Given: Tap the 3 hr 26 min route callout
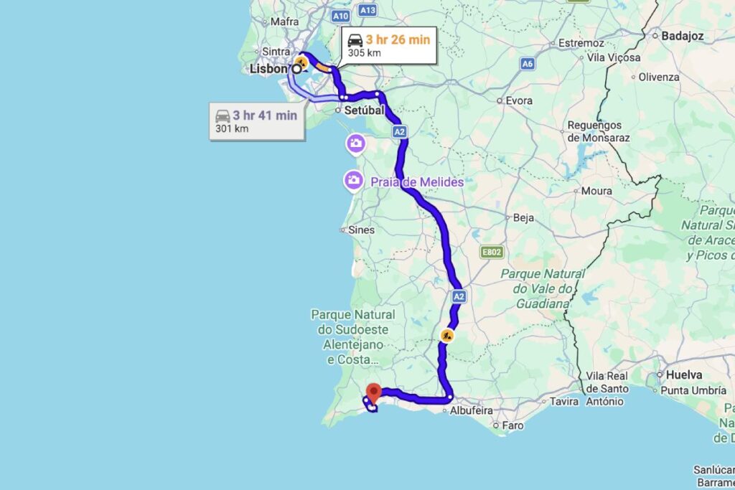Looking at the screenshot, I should click(388, 45).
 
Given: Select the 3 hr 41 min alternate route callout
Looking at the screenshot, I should click(256, 121).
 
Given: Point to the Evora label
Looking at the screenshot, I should click(519, 100).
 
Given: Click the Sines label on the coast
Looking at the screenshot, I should click(360, 230).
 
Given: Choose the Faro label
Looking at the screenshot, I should click(512, 425).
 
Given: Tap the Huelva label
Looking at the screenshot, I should click(683, 374).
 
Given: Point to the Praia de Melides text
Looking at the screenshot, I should click(417, 182).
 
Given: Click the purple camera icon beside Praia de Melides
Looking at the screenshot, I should click(353, 180).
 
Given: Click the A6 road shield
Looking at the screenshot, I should click(528, 64).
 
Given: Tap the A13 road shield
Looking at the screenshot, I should click(367, 10).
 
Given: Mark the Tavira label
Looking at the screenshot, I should click(564, 402).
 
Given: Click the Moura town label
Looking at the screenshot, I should click(597, 191).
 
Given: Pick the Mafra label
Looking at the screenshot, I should click(284, 22).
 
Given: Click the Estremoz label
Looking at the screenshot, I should click(581, 43).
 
